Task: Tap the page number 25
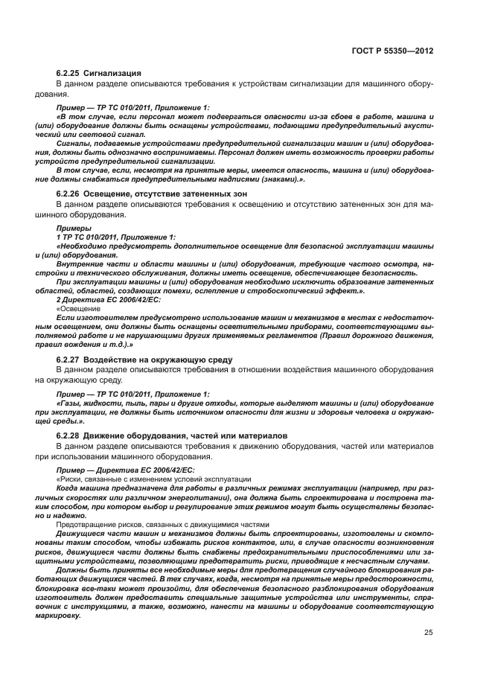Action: tap(428, 633)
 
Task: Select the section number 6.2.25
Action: tap(69, 74)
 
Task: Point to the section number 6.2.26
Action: tap(69, 194)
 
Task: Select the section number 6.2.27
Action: tap(69, 359)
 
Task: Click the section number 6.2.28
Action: tap(69, 435)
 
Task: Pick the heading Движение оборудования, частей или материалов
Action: tap(181, 435)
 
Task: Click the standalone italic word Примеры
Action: tap(71, 229)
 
